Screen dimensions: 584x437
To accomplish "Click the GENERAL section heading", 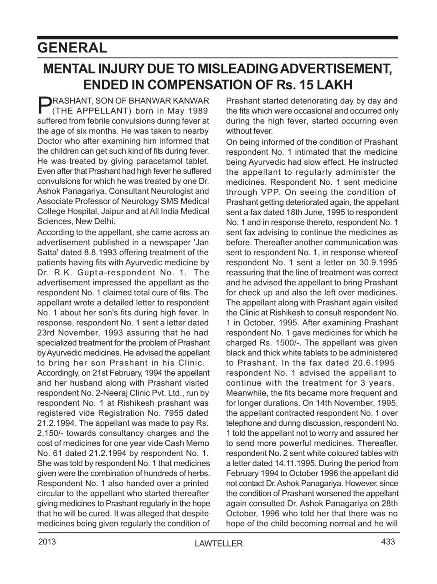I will (72, 47).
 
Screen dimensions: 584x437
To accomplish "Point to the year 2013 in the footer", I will (47, 542).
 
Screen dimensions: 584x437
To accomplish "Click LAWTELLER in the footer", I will (218, 543).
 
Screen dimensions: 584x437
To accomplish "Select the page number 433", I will (388, 542).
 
